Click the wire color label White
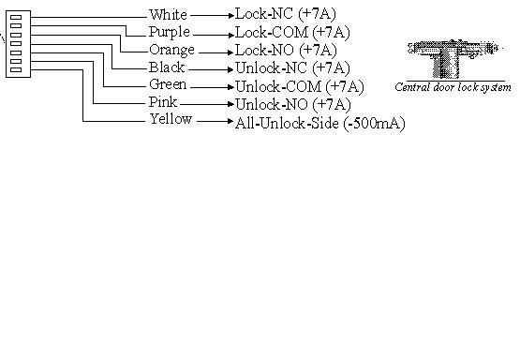tap(168, 15)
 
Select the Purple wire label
tap(170, 33)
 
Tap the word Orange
tap(171, 51)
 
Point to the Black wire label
tap(167, 67)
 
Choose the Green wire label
tap(168, 84)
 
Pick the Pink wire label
tap(162, 102)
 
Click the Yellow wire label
tap(171, 119)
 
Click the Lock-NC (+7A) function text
tap(286, 14)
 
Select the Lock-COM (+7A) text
tap(292, 33)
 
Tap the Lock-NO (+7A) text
tap(286, 51)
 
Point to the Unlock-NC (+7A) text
tap(292, 68)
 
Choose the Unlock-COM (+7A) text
tap(300, 87)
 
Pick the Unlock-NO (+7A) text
tap(293, 105)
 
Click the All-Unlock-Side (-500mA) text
tap(320, 124)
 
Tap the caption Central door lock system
tap(453, 87)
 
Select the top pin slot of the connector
tap(16, 17)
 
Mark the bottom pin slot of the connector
tap(16, 69)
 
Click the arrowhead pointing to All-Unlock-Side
tap(230, 122)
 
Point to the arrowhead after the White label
tap(231, 15)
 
